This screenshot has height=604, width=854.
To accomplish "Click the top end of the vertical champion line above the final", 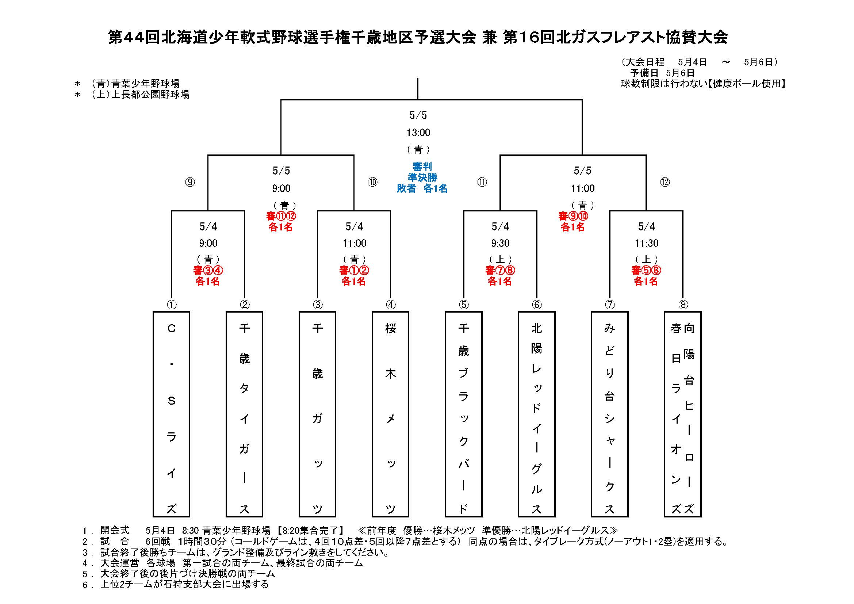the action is [418, 78].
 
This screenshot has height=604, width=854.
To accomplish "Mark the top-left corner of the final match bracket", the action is [281, 100].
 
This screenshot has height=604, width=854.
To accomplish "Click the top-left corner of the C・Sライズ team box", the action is [153, 312].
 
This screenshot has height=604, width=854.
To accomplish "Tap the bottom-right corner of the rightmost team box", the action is [701, 517].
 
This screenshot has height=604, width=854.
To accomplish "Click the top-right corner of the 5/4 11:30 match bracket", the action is [683, 211].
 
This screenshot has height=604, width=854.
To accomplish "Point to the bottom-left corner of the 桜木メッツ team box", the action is [372, 517].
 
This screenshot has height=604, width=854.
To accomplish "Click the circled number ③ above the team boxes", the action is [317, 305].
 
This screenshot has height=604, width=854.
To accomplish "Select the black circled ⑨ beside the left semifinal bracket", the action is [190, 182].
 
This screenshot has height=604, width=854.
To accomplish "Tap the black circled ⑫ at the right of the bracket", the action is [665, 182].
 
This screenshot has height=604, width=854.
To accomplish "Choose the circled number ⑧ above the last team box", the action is [683, 305].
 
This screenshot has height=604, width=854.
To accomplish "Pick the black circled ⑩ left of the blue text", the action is [373, 182].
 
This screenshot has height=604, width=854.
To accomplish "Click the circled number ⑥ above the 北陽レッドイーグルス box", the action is [537, 305].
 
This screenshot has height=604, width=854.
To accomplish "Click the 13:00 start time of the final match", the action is [418, 133].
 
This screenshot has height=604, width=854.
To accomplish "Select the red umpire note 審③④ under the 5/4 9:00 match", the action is [208, 270].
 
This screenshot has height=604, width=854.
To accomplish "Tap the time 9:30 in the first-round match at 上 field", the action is [500, 243].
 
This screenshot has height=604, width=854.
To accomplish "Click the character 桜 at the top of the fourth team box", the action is [391, 328].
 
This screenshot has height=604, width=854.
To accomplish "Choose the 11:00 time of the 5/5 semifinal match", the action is [583, 188].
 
